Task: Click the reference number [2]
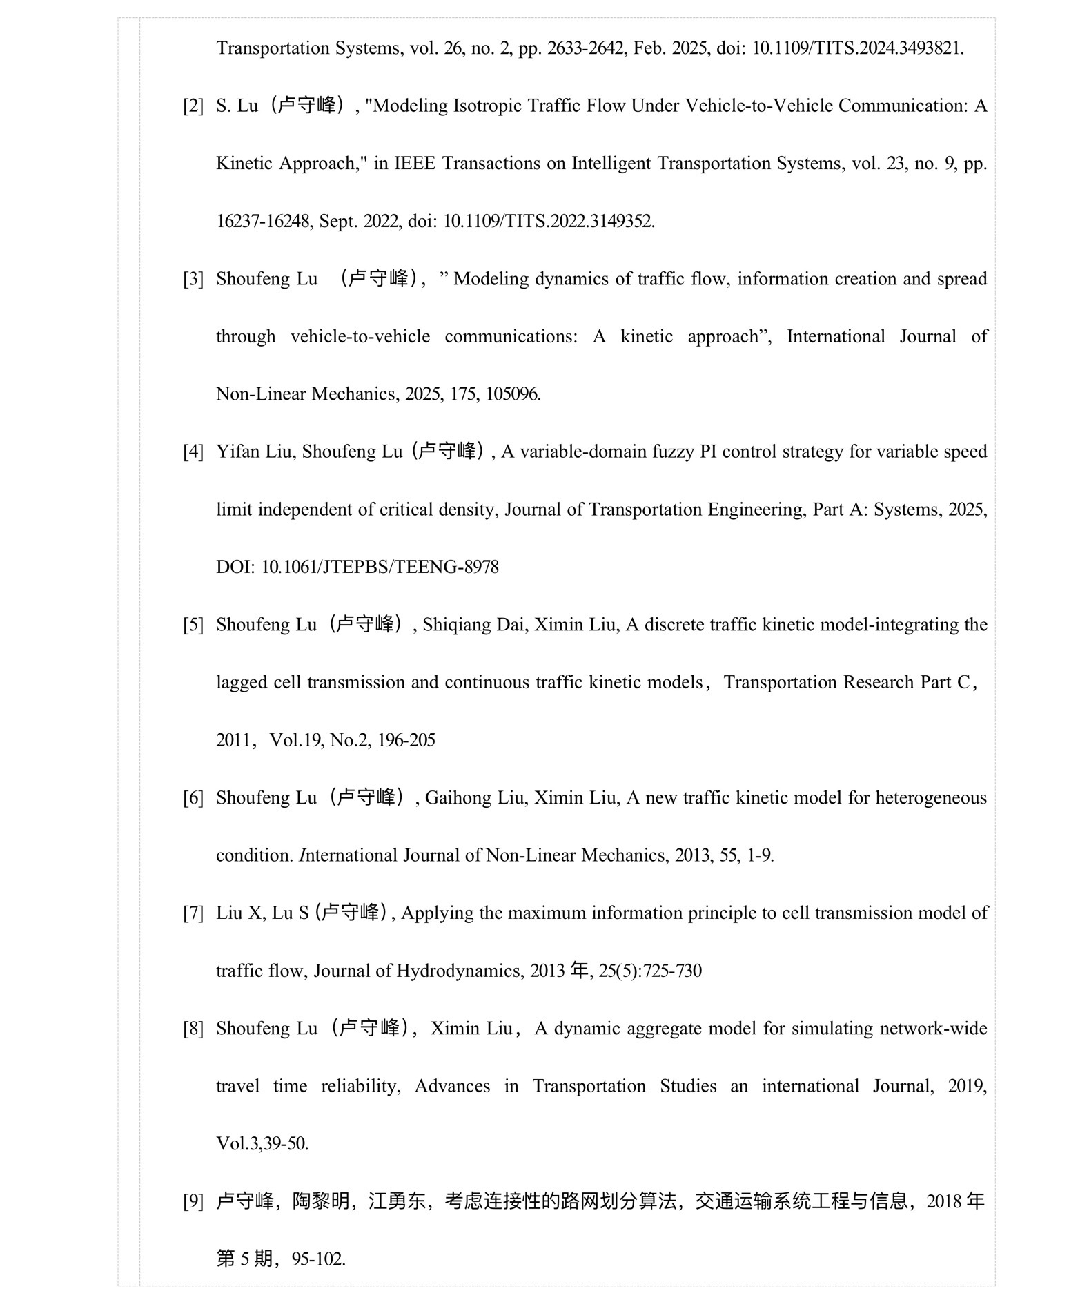[193, 106]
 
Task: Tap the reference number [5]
[193, 625]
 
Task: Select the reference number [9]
[193, 1202]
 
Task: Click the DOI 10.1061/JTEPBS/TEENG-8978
[380, 567]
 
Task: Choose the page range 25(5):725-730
[650, 971]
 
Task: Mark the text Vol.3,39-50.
[262, 1144]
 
